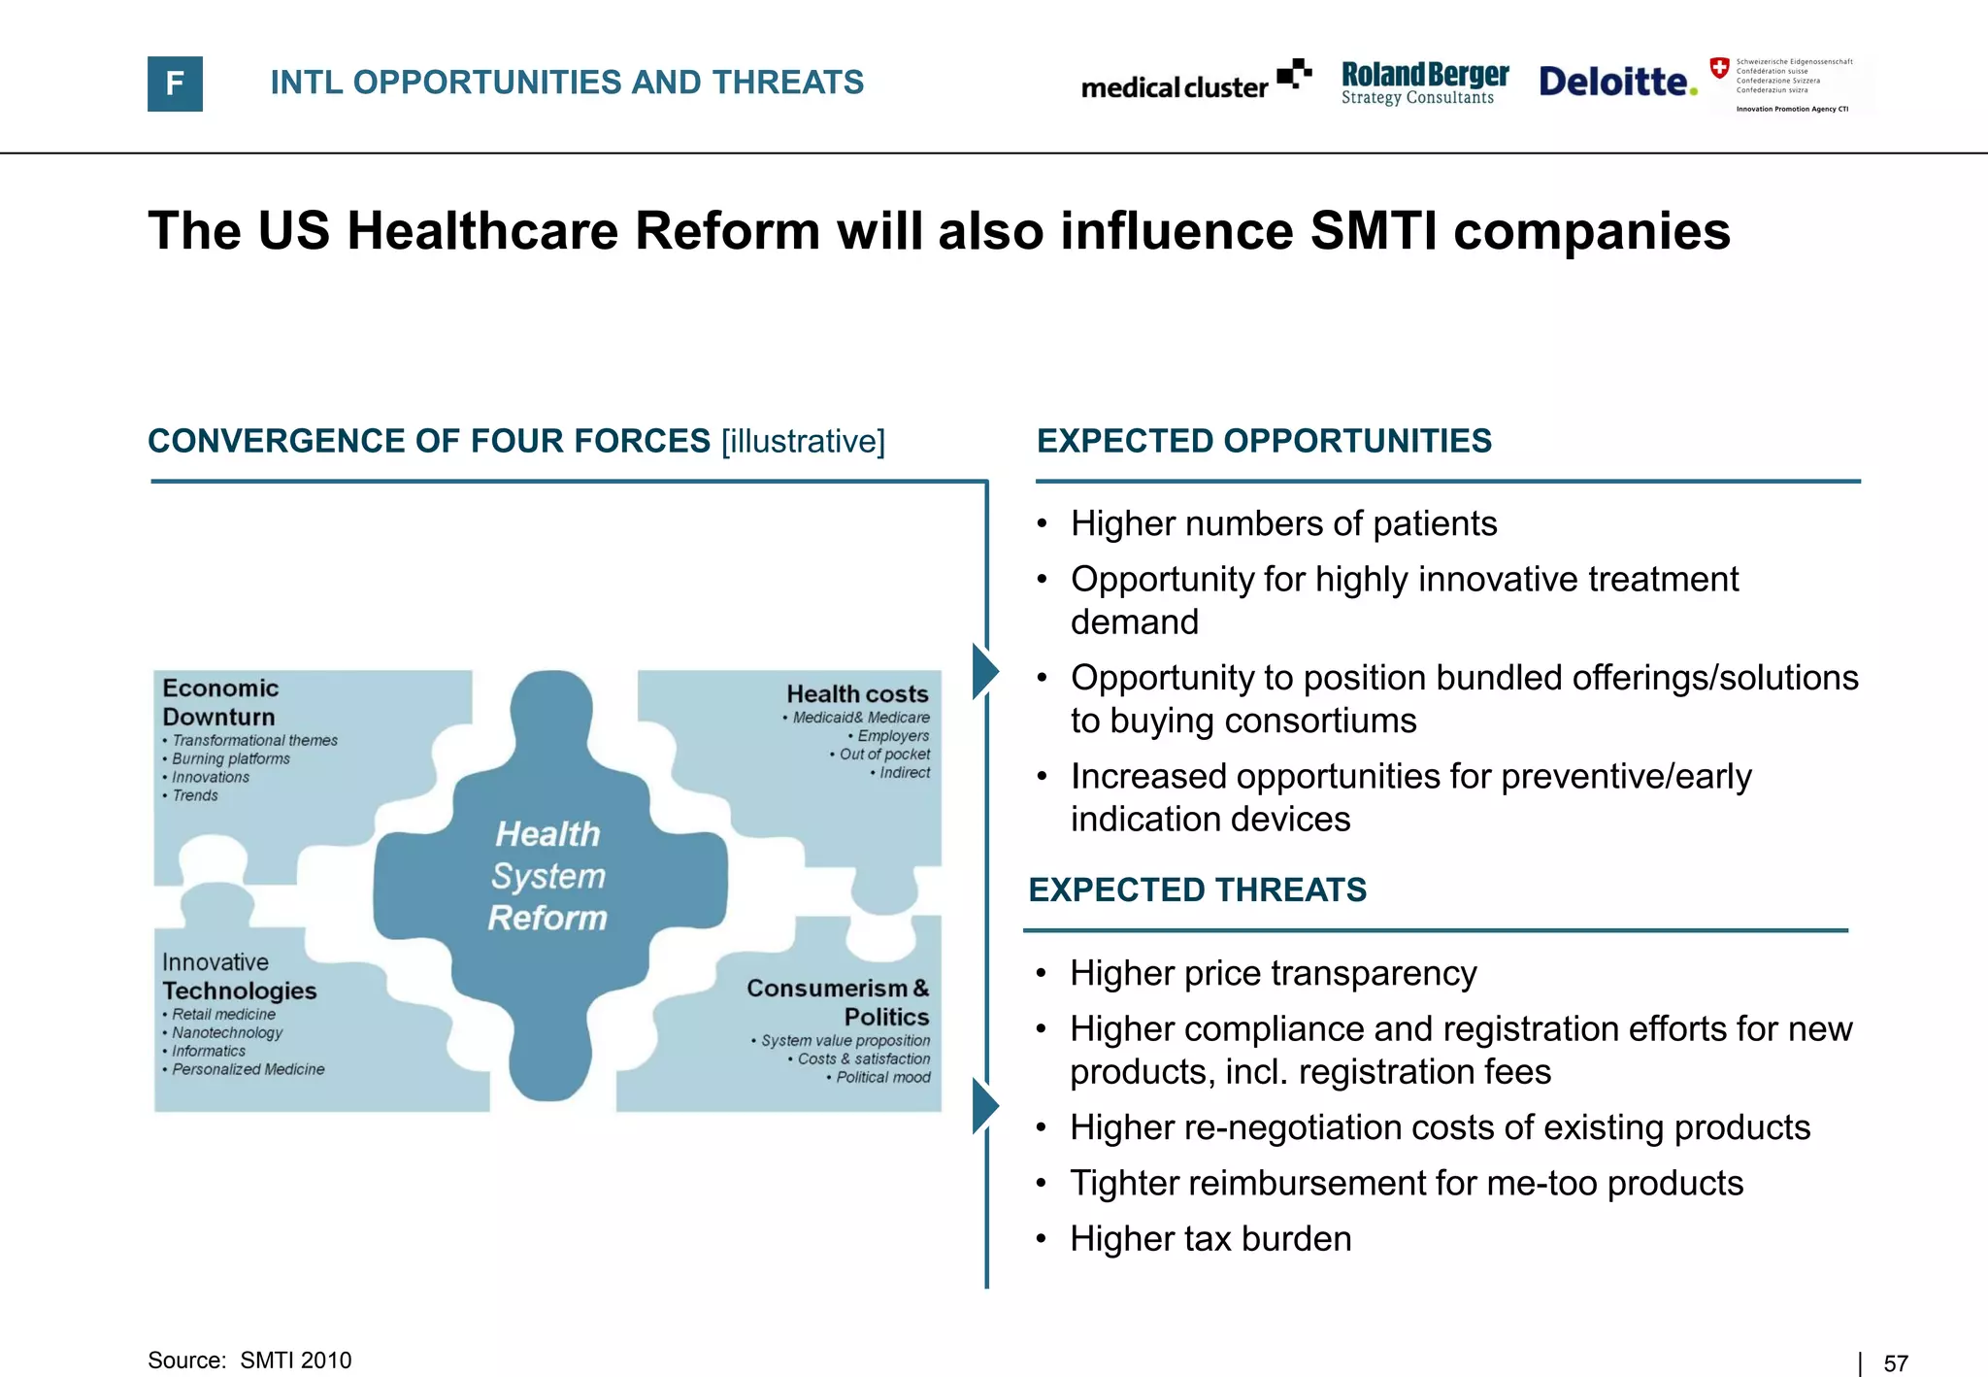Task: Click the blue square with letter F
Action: point(175,84)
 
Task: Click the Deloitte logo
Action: point(1617,82)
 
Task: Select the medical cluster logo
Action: point(1195,82)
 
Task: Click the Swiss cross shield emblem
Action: point(1719,68)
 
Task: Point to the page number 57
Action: point(1895,1363)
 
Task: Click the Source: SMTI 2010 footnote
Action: point(249,1360)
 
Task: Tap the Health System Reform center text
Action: point(548,875)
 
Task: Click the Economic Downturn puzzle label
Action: point(220,702)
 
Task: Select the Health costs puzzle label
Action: point(857,694)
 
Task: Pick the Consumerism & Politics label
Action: point(839,1002)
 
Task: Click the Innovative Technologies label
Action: point(239,977)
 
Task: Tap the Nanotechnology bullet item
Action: point(227,1032)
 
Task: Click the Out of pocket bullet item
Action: point(883,755)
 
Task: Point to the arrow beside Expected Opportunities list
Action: point(985,671)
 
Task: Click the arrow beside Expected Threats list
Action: point(985,1106)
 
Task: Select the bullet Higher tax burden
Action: point(1209,1239)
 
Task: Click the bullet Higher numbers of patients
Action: point(1283,523)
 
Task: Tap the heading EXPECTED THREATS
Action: point(1197,890)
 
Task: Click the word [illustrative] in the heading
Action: point(803,441)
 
